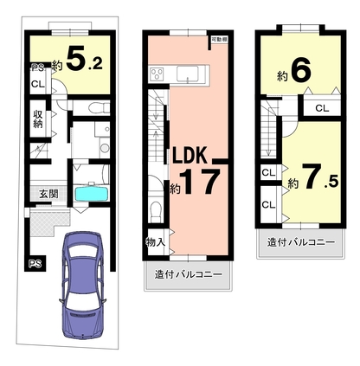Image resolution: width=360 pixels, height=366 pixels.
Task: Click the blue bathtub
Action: pos(92,194)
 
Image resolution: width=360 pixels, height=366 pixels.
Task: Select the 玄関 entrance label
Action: pos(48,194)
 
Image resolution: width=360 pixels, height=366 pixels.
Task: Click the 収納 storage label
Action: pos(38,119)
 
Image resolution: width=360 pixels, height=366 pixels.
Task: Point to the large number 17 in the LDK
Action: pos(200,182)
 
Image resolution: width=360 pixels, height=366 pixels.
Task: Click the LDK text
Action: pos(190,155)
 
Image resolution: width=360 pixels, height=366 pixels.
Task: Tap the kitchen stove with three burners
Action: pos(157,73)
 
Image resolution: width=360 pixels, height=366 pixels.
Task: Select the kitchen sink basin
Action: pos(187,74)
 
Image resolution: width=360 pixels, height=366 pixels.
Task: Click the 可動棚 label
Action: pos(218,40)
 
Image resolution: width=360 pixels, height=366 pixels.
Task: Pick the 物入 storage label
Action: pos(156,242)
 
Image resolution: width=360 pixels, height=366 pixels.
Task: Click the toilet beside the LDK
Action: pos(156,212)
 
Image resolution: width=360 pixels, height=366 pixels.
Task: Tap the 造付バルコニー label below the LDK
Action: pos(189,274)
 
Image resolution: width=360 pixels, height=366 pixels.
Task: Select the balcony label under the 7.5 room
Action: pos(301,242)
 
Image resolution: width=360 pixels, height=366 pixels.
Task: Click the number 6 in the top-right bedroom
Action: pos(301,69)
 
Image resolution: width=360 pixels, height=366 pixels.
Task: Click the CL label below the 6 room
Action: pos(322,108)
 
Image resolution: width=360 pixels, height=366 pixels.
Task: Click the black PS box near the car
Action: pos(35,264)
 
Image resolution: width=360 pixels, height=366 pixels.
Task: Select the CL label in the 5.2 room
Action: pos(38,85)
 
